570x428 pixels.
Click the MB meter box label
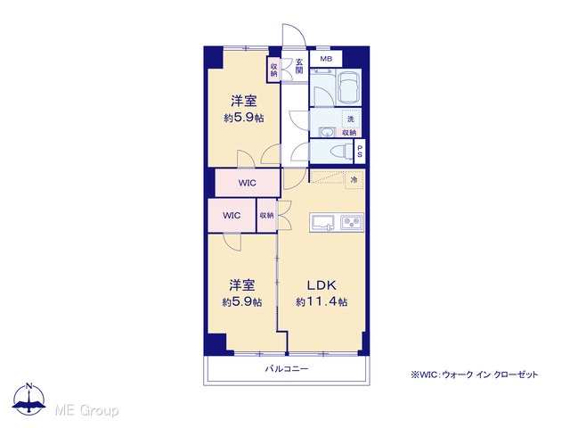click(326, 59)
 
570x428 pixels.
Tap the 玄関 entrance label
click(299, 66)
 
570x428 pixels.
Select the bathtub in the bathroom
click(349, 87)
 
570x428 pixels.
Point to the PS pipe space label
click(360, 152)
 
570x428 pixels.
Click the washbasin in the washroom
click(328, 132)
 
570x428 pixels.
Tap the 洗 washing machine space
click(351, 119)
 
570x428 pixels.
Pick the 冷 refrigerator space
click(354, 180)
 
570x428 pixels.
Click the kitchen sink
click(322, 222)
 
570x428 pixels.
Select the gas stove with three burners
click(352, 222)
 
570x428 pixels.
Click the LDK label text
click(322, 285)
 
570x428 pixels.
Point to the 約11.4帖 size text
click(322, 301)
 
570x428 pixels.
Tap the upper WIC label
click(248, 183)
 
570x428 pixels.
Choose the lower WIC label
click(232, 216)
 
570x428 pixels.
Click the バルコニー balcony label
click(287, 369)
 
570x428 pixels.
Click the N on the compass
click(29, 386)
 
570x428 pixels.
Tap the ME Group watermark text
click(86, 410)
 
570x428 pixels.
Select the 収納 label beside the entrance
click(273, 70)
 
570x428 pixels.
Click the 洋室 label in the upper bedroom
click(244, 101)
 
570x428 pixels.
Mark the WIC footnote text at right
click(474, 374)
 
